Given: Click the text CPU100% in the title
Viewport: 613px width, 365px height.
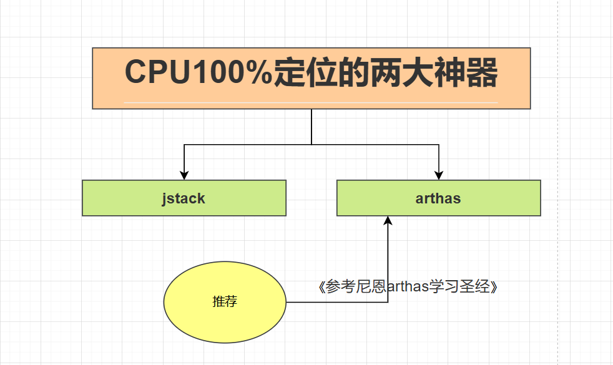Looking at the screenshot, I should [198, 74].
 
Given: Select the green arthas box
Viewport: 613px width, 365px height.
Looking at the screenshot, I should [499, 198].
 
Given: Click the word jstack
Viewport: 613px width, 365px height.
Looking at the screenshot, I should [184, 199].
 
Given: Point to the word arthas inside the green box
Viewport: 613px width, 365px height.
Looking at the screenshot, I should [438, 199].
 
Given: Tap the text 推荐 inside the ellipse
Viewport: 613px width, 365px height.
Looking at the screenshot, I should [225, 302].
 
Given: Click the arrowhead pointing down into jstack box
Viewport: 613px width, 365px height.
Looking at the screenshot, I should [184, 175].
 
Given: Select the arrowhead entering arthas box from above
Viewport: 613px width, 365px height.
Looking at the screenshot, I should [439, 175].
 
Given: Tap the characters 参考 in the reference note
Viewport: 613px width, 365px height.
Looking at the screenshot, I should [338, 287].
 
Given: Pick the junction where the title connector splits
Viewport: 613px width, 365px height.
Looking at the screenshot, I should [311, 145].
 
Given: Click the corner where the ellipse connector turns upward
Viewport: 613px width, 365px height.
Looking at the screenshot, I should [388, 303].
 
